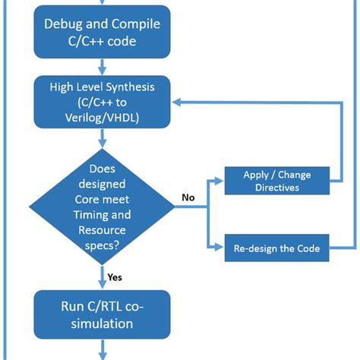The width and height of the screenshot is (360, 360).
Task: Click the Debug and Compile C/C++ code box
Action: pyautogui.click(x=102, y=33)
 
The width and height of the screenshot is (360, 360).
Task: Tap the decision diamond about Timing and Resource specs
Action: pyautogui.click(x=102, y=200)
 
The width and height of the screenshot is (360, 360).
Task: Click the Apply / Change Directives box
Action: pyautogui.click(x=276, y=180)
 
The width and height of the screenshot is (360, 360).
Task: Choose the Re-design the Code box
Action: pyautogui.click(x=276, y=248)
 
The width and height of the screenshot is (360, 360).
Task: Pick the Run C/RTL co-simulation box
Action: pyautogui.click(x=102, y=315)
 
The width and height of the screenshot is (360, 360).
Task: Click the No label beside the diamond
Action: pyautogui.click(x=188, y=197)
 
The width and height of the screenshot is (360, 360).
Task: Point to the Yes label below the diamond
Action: pyautogui.click(x=115, y=277)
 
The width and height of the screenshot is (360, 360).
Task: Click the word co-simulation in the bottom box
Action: pyautogui.click(x=102, y=324)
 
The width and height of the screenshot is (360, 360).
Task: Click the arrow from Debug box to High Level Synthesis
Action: pyautogui.click(x=102, y=68)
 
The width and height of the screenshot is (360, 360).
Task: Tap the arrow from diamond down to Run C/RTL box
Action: pyautogui.click(x=102, y=275)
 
